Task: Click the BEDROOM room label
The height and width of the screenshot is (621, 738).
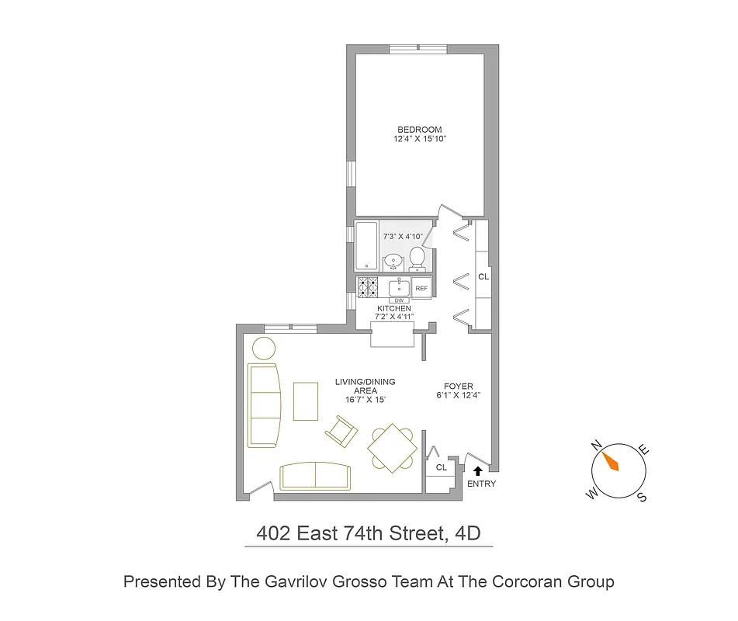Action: pyautogui.click(x=419, y=130)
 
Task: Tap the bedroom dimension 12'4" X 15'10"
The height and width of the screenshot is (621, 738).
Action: pyautogui.click(x=419, y=140)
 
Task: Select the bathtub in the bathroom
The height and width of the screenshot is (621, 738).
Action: pyautogui.click(x=367, y=245)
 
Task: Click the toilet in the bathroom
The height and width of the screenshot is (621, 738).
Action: pyautogui.click(x=417, y=257)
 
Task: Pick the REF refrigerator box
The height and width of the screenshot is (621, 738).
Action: pyautogui.click(x=421, y=288)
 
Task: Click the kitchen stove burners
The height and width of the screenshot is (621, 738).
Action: pyautogui.click(x=367, y=287)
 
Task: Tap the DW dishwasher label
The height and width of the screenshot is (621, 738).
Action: pyautogui.click(x=400, y=300)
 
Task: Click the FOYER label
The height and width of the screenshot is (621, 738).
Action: pyautogui.click(x=459, y=387)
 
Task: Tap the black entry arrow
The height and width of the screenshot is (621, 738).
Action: pyautogui.click(x=478, y=470)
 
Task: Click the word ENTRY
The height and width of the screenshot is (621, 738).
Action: pyautogui.click(x=481, y=484)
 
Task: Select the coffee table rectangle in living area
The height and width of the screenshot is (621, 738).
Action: pyautogui.click(x=306, y=401)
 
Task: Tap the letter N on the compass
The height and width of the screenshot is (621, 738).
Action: pyautogui.click(x=597, y=445)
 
